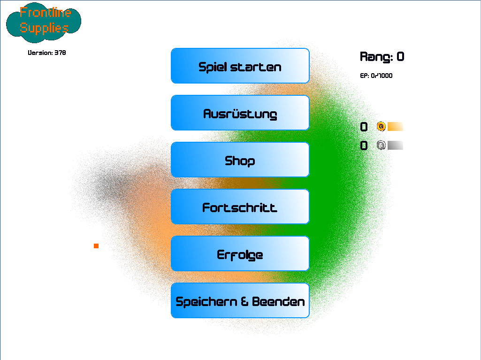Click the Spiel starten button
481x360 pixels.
pos(240,66)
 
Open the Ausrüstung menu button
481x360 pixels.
pos(240,113)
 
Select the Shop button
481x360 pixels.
pos(240,160)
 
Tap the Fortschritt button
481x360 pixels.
pos(240,207)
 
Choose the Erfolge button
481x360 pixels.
pos(240,253)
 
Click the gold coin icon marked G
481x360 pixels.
pos(381,126)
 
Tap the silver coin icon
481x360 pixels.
pos(381,145)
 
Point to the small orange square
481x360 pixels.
pos(96,246)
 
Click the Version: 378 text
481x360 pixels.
pos(46,53)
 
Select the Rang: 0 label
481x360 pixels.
pos(382,57)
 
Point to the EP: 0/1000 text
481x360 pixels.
pos(376,76)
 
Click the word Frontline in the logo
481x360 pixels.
pos(45,13)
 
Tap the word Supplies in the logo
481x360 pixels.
pos(44,28)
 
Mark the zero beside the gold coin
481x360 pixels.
pos(364,127)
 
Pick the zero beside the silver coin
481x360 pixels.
pos(364,146)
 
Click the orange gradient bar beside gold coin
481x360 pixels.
pos(395,126)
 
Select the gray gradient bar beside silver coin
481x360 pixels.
pos(395,145)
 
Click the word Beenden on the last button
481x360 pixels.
pos(278,302)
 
